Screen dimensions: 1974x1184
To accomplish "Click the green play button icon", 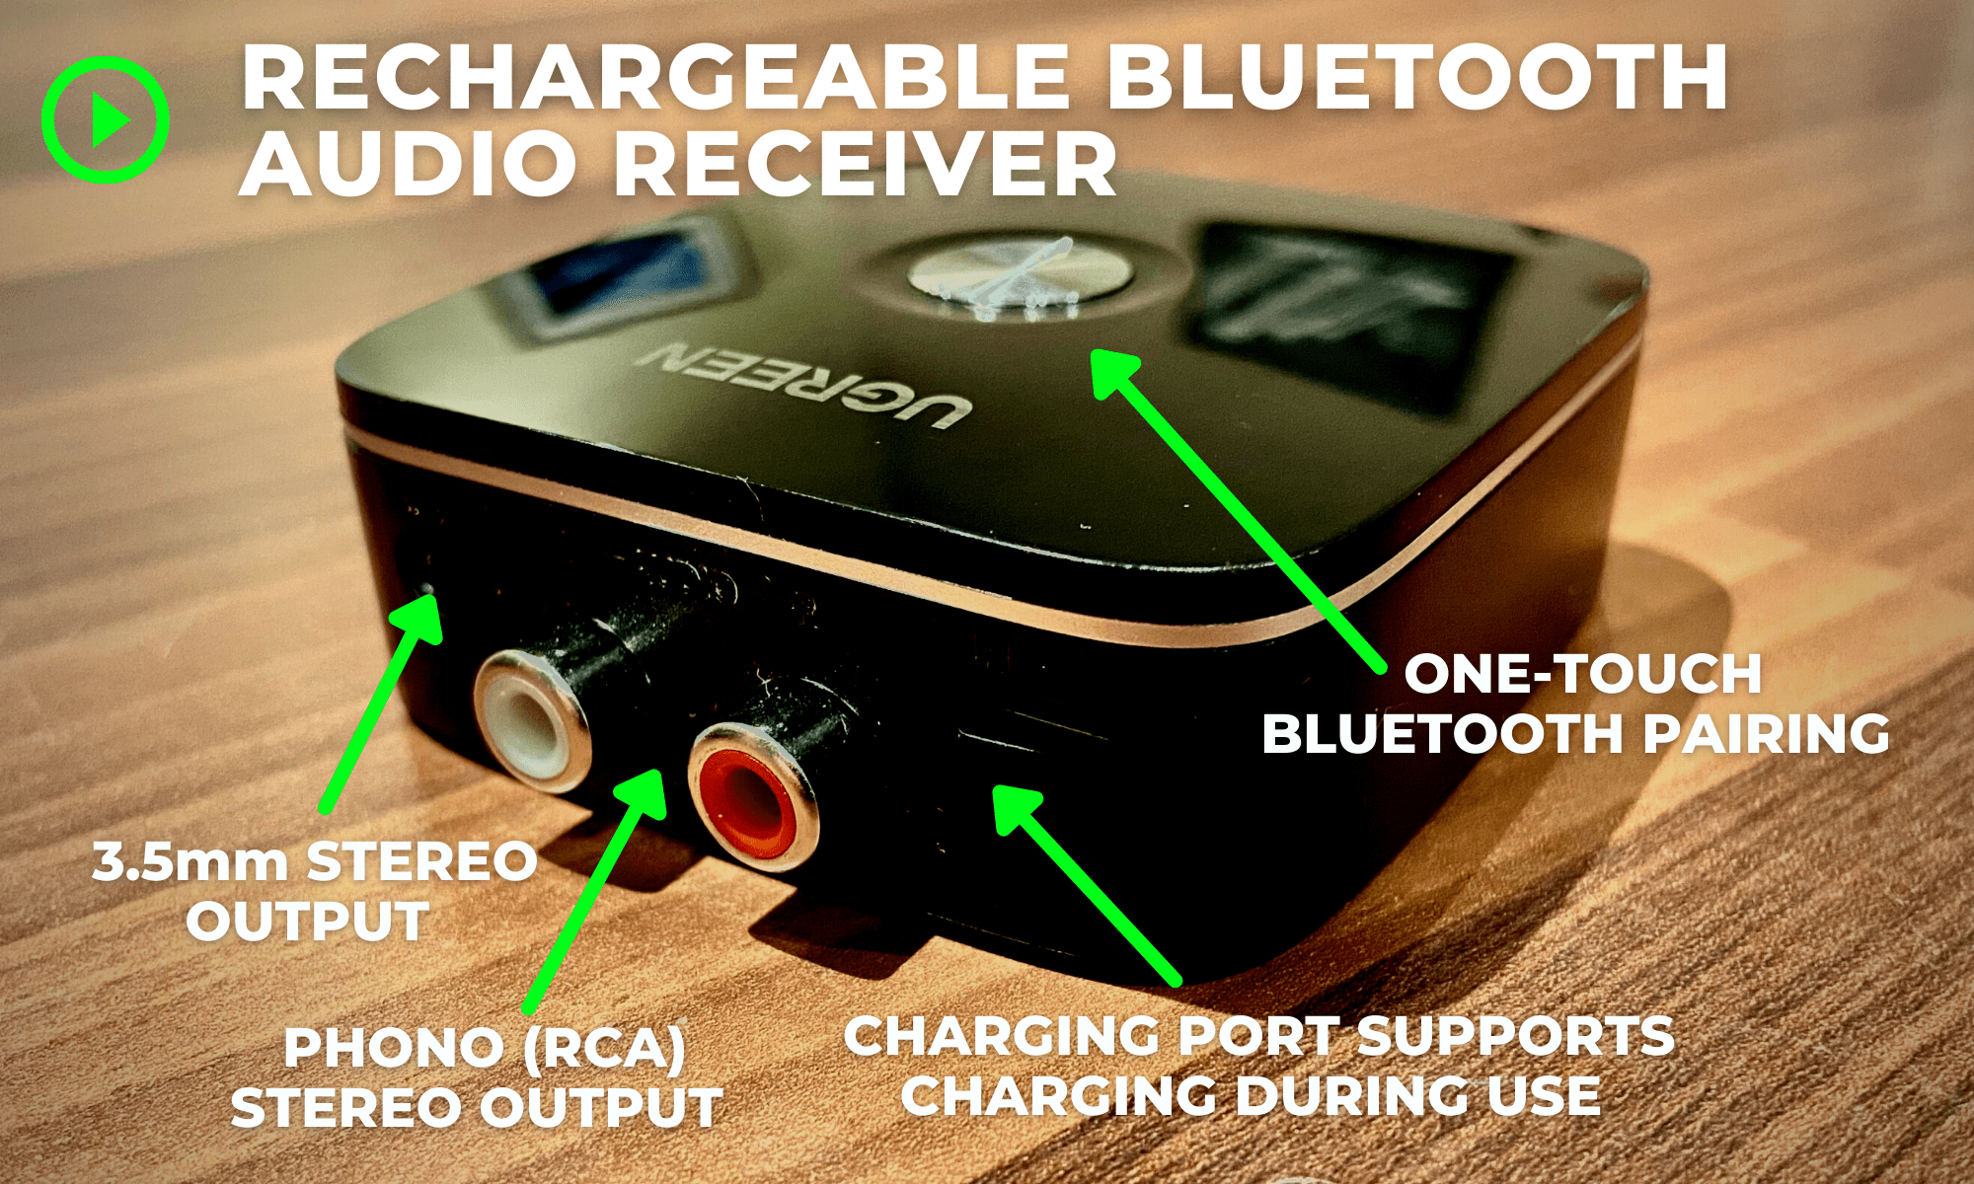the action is (105, 120).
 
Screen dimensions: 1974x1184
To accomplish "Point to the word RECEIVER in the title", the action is (866, 164).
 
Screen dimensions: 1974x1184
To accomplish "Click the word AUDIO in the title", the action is (409, 164).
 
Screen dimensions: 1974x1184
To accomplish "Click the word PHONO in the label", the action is (395, 1048).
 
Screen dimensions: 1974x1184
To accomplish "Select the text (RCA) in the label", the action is (604, 1048).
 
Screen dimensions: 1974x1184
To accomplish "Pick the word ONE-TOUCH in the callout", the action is (1583, 674).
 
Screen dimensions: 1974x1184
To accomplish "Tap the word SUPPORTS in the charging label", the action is (1516, 1036).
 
